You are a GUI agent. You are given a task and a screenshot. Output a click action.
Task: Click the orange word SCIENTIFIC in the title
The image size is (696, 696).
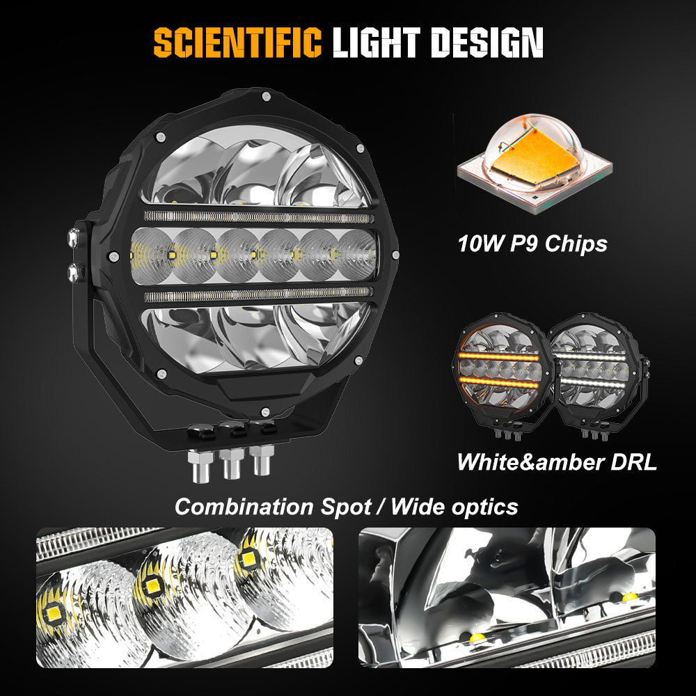click(x=237, y=44)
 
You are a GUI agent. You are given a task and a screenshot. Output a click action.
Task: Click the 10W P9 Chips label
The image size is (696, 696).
click(x=532, y=244)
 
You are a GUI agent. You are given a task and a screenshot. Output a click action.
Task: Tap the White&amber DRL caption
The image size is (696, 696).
click(x=556, y=462)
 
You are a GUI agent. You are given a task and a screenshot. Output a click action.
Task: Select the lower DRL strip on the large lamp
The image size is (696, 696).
click(x=258, y=296)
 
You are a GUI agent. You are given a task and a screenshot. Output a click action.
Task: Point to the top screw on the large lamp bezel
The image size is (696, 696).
click(x=267, y=99)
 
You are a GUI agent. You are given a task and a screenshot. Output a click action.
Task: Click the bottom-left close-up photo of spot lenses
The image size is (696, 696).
click(x=184, y=596)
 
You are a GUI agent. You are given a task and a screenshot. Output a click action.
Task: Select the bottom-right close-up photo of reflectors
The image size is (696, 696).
click(x=507, y=596)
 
